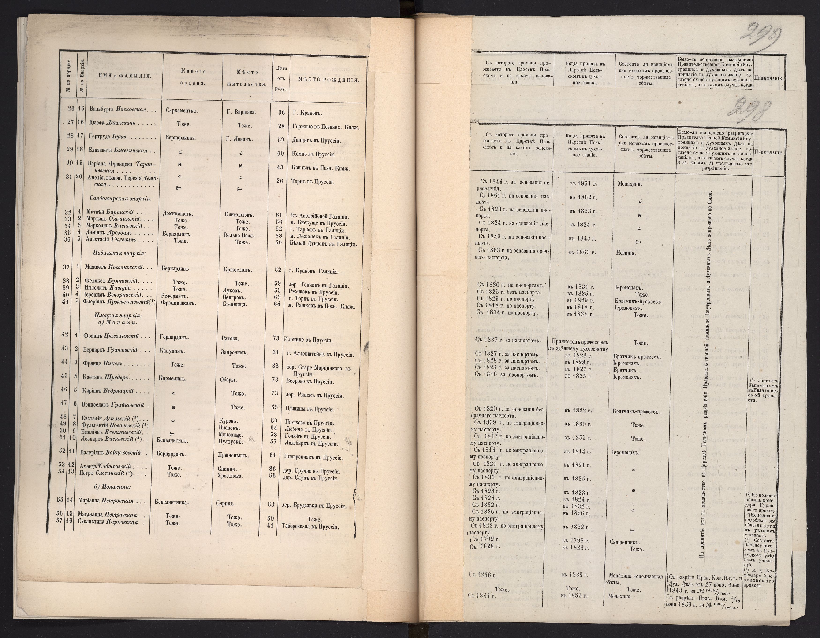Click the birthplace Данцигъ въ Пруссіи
(316, 140)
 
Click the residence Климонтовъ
(239, 215)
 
